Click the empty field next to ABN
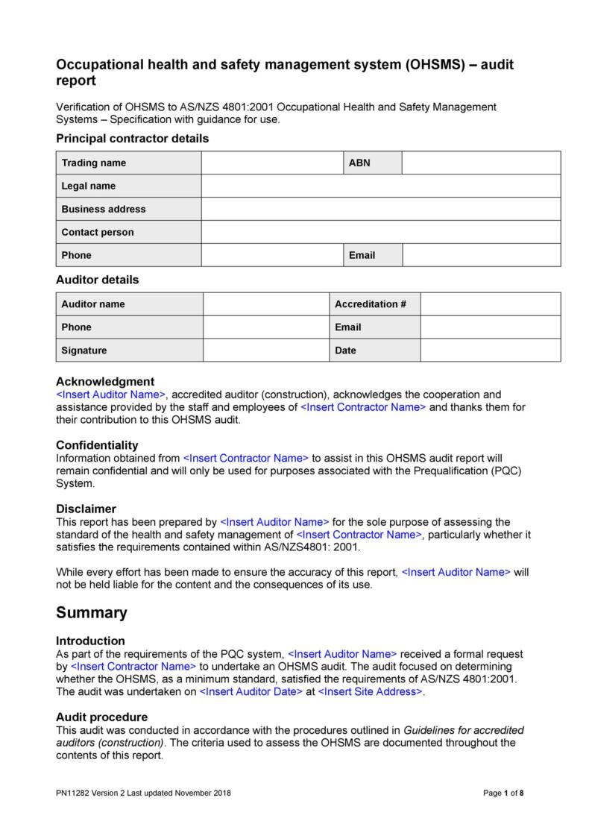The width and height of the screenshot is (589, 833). (481, 163)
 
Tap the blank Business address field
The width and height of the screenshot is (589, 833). (380, 209)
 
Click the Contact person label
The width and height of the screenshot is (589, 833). (98, 232)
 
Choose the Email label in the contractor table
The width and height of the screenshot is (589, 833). (362, 255)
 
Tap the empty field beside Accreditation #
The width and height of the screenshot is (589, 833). (491, 304)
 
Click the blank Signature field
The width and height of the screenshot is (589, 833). (265, 351)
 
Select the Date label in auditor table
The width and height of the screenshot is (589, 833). (346, 351)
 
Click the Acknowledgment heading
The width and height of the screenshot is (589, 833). (105, 381)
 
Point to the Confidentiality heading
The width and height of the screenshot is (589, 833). (98, 445)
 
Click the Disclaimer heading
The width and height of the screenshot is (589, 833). (86, 509)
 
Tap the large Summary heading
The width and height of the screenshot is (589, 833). (92, 613)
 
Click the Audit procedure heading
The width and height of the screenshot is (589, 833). (102, 717)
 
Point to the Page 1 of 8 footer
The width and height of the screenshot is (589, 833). (504, 793)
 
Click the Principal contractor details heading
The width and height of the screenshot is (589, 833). (133, 138)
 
